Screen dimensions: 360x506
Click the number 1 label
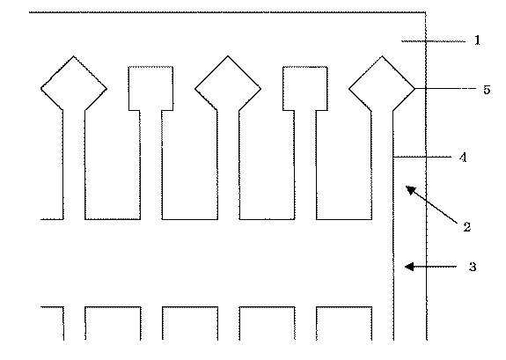(476, 40)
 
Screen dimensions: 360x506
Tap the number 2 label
(467, 226)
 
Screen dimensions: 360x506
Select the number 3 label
(473, 266)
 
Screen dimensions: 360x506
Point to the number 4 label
(462, 158)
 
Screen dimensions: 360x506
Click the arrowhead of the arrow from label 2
(407, 187)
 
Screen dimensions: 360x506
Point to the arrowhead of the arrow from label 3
(405, 266)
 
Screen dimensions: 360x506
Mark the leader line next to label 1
(432, 41)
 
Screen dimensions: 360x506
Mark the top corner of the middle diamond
(228, 56)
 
